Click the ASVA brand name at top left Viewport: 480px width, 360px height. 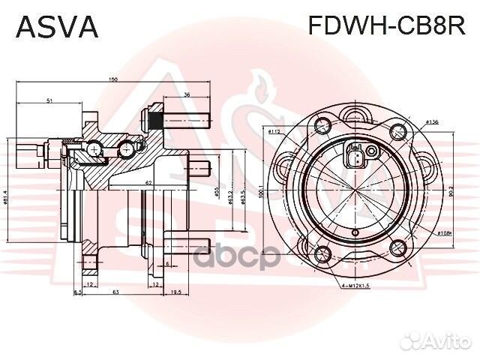point(57,26)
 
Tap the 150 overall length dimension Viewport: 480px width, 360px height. point(112,79)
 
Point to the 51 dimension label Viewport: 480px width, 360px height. point(49,100)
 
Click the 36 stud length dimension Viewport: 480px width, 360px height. point(187,94)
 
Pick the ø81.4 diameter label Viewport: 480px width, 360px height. point(6,198)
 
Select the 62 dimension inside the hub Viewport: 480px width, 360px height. point(149,182)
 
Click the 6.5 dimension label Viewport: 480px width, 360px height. point(77,292)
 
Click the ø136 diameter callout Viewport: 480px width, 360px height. point(432,121)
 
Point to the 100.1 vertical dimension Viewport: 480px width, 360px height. point(262,194)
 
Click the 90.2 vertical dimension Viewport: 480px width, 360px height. point(450,192)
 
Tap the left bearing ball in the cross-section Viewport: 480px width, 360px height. point(94,153)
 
